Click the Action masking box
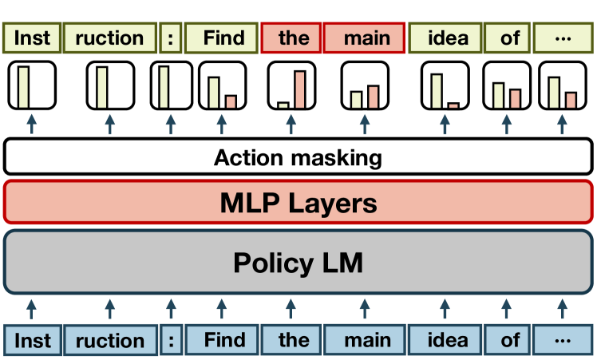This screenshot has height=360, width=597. point(298,157)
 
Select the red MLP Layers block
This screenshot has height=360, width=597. point(298,203)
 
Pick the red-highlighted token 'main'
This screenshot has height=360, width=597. point(367,38)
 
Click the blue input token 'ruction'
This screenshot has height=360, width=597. point(110,340)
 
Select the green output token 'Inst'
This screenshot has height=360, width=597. point(31,38)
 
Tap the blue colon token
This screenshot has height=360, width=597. point(170,340)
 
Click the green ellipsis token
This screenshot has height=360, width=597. point(563,38)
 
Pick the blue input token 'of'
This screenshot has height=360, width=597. point(510,340)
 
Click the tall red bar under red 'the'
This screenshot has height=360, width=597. point(299,89)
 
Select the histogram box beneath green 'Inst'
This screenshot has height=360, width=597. point(31,85)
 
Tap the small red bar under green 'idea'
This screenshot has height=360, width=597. point(453,105)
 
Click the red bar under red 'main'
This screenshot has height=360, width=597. point(374,96)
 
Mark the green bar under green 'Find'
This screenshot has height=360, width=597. point(215,91)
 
